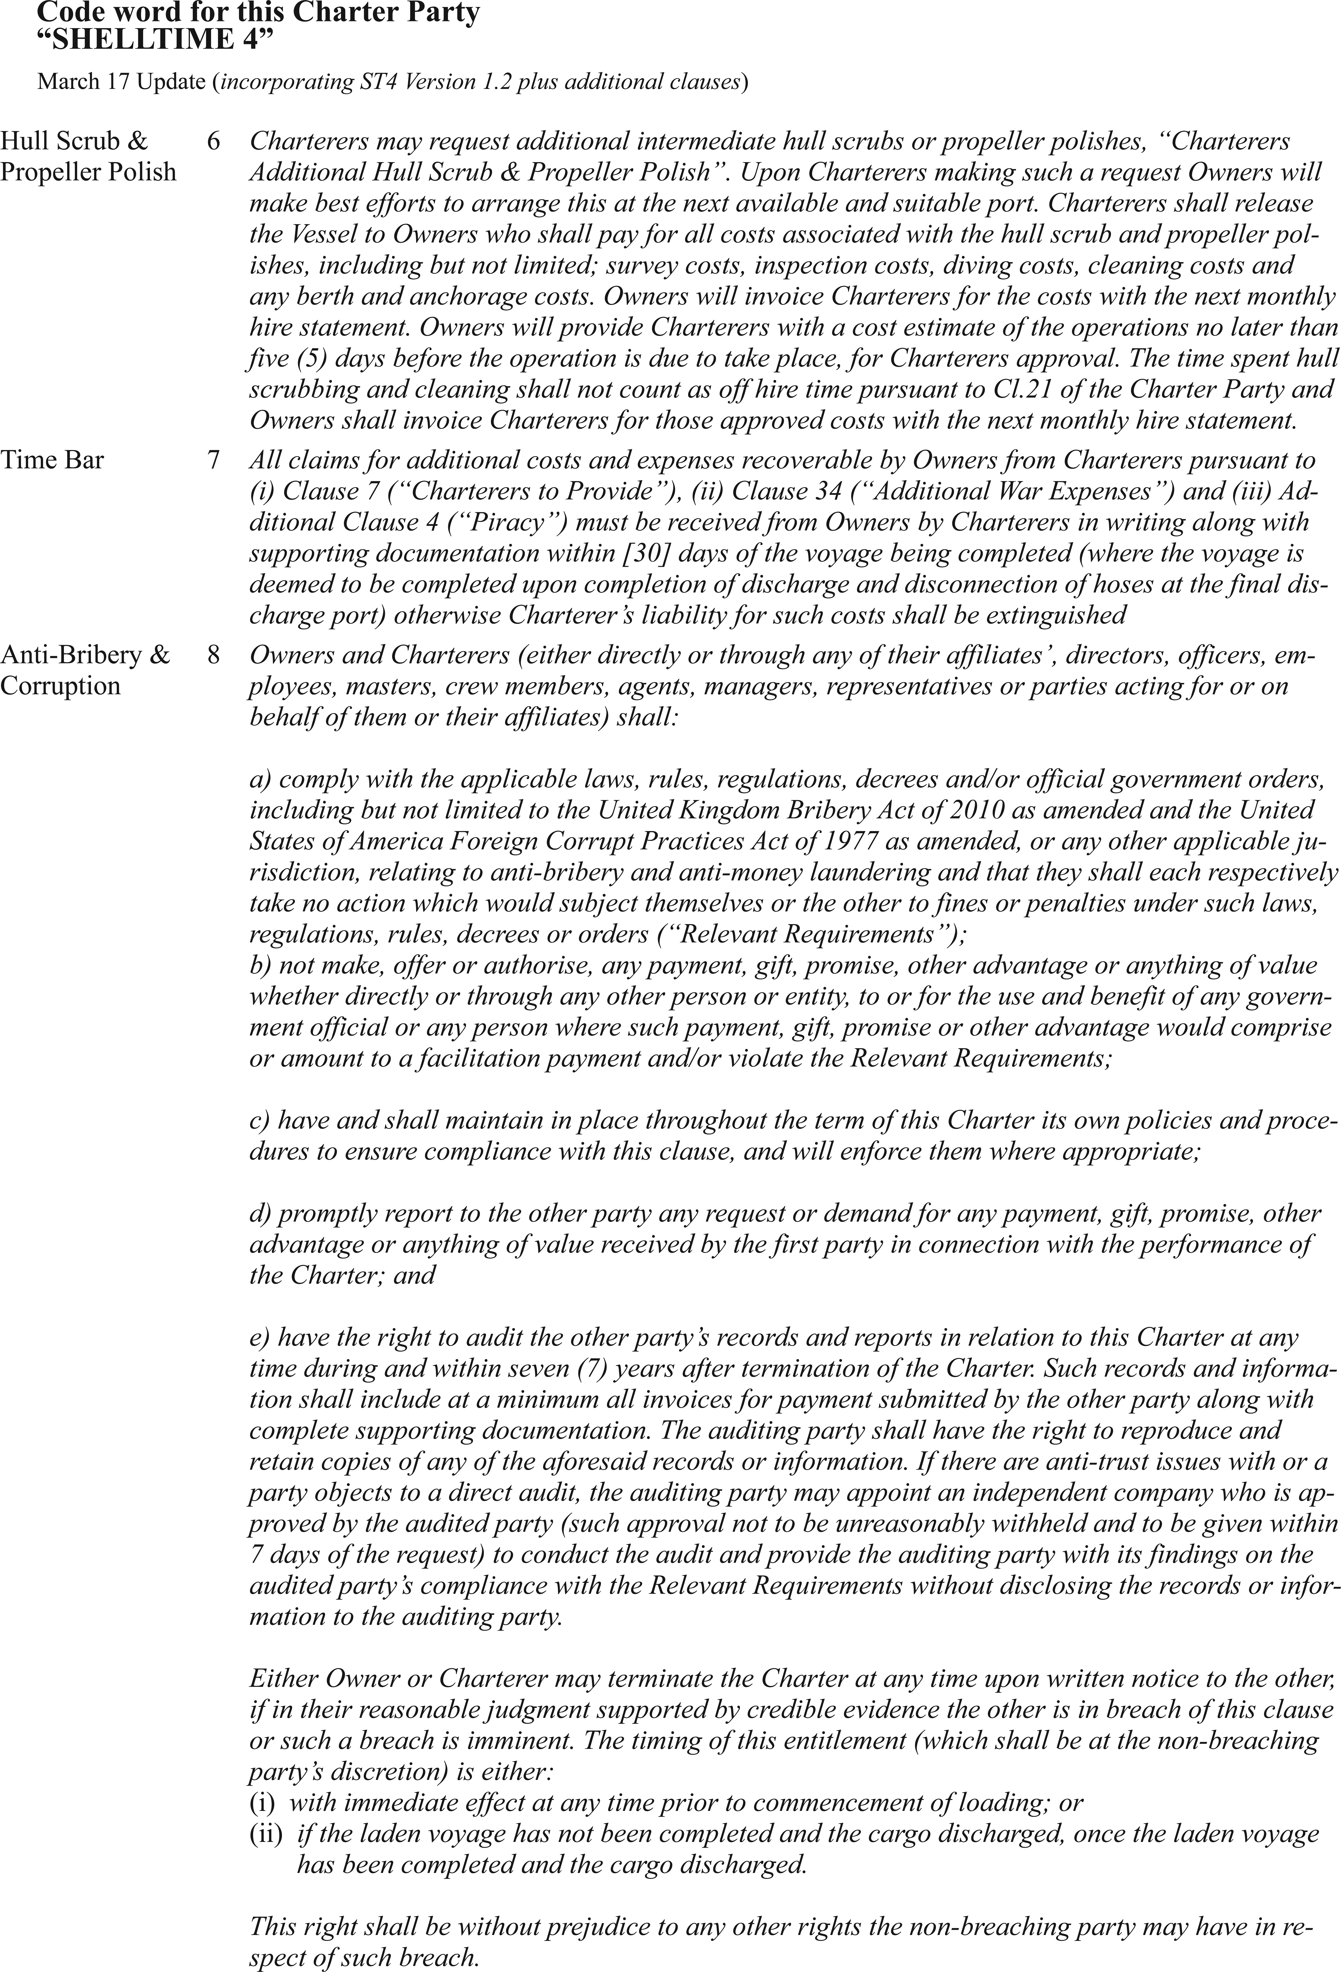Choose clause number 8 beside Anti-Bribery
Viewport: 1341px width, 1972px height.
[213, 655]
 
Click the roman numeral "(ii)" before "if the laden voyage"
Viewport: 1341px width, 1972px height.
[266, 1834]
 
